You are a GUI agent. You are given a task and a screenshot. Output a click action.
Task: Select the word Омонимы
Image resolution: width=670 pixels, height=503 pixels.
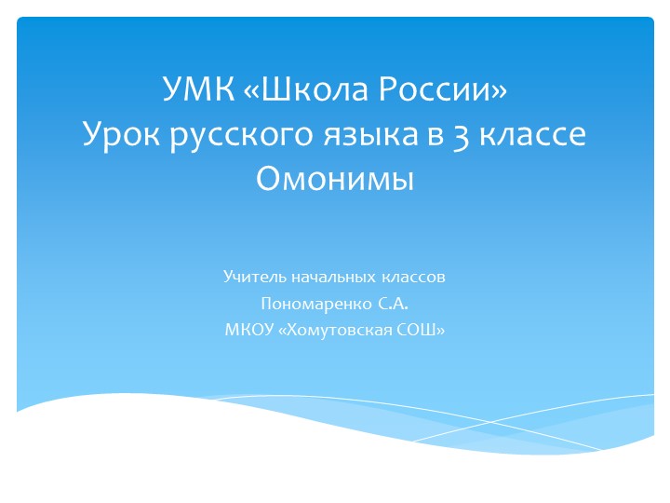334,178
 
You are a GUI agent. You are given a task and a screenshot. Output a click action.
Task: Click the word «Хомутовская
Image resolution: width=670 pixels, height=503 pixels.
338,329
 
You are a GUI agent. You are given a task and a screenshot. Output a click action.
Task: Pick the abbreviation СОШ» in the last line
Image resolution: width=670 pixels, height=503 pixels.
422,329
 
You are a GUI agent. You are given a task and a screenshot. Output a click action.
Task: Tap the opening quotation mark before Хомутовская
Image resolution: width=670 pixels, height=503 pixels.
283,330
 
